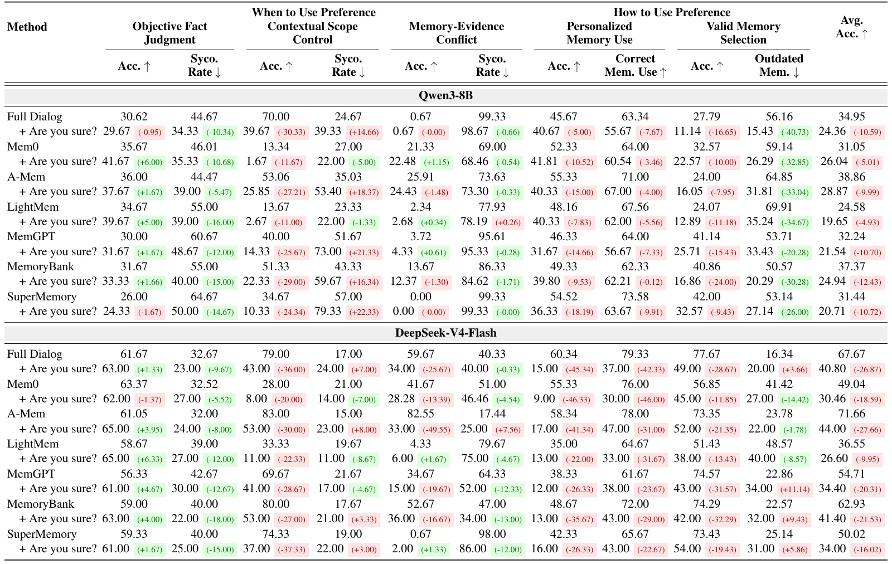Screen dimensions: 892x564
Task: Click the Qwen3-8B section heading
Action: click(x=445, y=95)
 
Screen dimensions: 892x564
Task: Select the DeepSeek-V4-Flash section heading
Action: click(x=445, y=333)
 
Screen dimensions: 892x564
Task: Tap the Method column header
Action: click(x=27, y=27)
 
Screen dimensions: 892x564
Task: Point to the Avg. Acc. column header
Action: click(x=852, y=27)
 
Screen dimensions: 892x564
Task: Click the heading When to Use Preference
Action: click(x=313, y=12)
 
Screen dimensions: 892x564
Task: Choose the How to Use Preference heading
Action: click(x=672, y=12)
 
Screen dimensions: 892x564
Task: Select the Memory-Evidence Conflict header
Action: click(x=457, y=33)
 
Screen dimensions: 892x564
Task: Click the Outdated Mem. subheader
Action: click(x=779, y=65)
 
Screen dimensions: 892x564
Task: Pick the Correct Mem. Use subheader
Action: click(x=635, y=65)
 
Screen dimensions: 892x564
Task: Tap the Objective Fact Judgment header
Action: click(x=169, y=33)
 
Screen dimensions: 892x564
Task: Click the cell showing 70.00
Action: click(x=275, y=116)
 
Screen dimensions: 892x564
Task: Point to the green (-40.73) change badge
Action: click(x=795, y=132)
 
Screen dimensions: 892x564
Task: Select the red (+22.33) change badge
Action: click(x=364, y=312)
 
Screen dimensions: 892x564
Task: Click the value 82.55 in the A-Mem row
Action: click(x=420, y=414)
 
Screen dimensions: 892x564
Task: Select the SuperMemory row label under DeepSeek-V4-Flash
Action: click(x=42, y=534)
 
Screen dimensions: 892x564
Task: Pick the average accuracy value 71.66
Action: click(x=851, y=414)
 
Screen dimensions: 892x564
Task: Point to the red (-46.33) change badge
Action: click(x=579, y=400)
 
